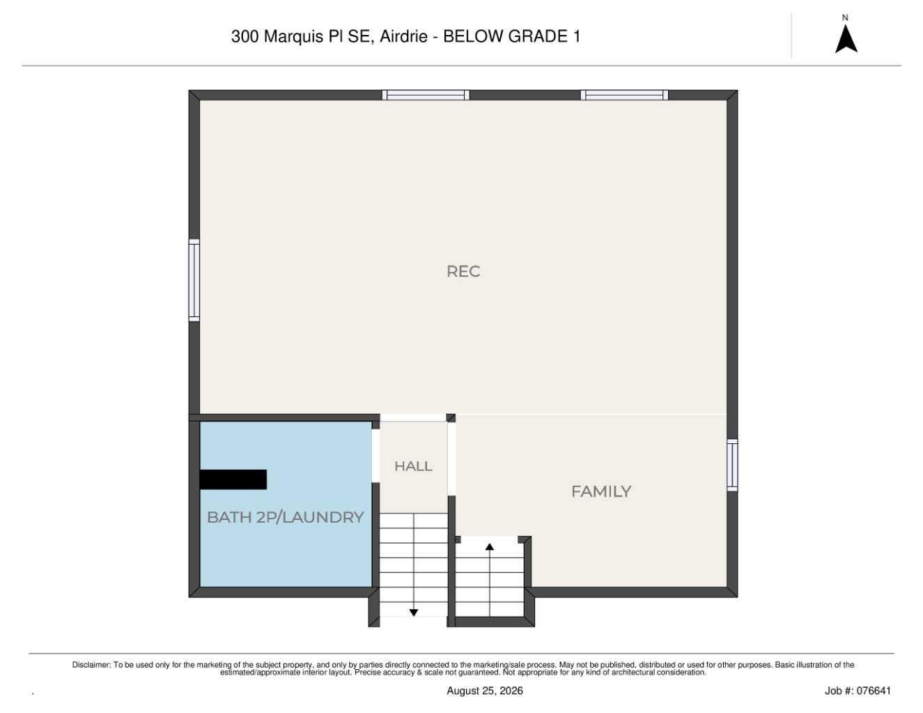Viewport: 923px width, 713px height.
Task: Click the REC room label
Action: click(463, 272)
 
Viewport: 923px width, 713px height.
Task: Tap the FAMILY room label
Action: click(601, 491)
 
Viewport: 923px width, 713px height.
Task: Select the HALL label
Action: click(413, 466)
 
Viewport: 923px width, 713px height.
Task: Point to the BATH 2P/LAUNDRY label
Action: click(285, 517)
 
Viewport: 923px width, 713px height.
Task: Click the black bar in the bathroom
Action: click(233, 480)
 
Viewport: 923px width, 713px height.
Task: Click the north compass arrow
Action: click(846, 38)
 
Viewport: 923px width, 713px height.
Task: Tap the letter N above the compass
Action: click(845, 18)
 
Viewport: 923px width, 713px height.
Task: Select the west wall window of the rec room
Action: click(194, 280)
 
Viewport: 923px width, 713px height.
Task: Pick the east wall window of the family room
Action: click(732, 465)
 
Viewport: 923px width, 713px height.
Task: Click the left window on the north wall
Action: click(426, 95)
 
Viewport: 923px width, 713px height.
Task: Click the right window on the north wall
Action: click(624, 95)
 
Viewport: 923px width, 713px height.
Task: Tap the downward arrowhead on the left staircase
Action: click(413, 613)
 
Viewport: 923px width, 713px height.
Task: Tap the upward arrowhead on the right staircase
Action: click(489, 547)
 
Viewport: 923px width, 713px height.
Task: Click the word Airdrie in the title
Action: click(403, 36)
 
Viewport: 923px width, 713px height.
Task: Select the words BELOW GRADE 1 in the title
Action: click(511, 36)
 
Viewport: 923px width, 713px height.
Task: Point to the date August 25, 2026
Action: click(485, 691)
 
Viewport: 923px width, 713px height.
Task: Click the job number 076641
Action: click(874, 691)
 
